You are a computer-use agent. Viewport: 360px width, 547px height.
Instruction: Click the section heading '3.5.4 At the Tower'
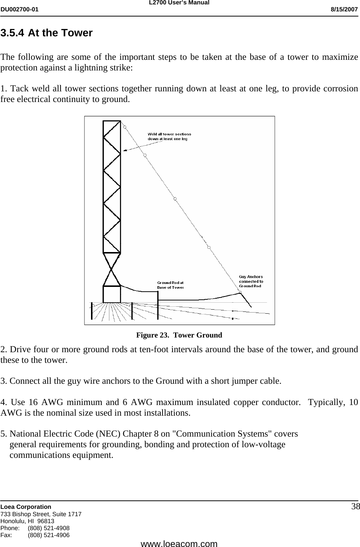[47, 33]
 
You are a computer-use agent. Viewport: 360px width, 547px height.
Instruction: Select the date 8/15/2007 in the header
[343, 9]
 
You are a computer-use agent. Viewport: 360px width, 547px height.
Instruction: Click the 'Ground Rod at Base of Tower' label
[170, 285]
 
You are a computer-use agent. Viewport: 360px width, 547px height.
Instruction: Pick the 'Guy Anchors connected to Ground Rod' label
[251, 281]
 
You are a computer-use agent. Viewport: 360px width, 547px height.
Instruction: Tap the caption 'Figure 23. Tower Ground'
[179, 335]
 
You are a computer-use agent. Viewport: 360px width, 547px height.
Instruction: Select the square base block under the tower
[112, 294]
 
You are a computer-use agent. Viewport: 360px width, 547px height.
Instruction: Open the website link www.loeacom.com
[179, 543]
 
